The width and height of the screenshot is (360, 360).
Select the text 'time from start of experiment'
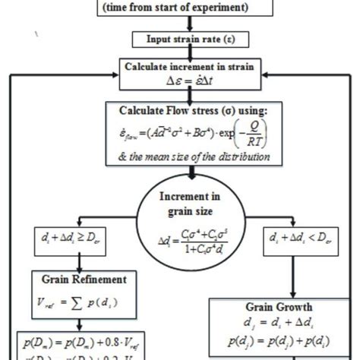180,10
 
